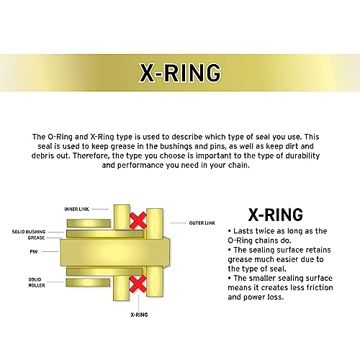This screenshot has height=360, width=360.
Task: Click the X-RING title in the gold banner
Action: click(x=180, y=73)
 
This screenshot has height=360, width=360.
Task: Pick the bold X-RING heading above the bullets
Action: click(x=275, y=214)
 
